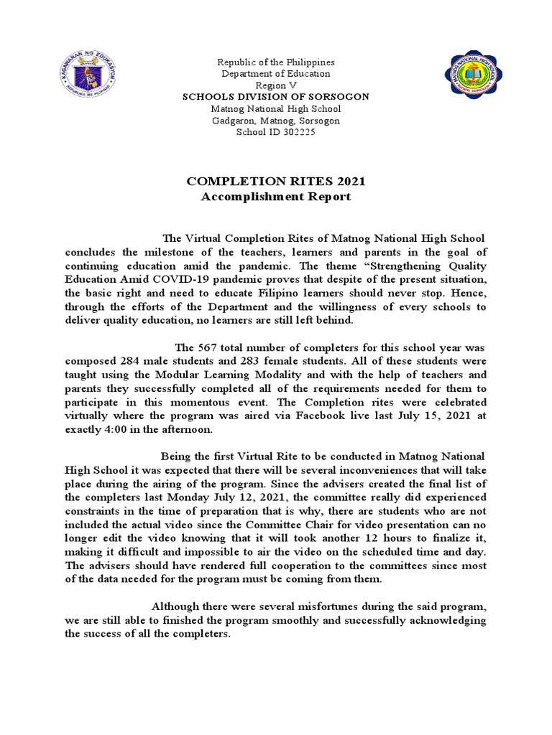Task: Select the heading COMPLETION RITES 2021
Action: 275,182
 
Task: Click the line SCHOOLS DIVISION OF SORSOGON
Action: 275,96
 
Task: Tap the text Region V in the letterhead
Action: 275,85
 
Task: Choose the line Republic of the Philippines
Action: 275,62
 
